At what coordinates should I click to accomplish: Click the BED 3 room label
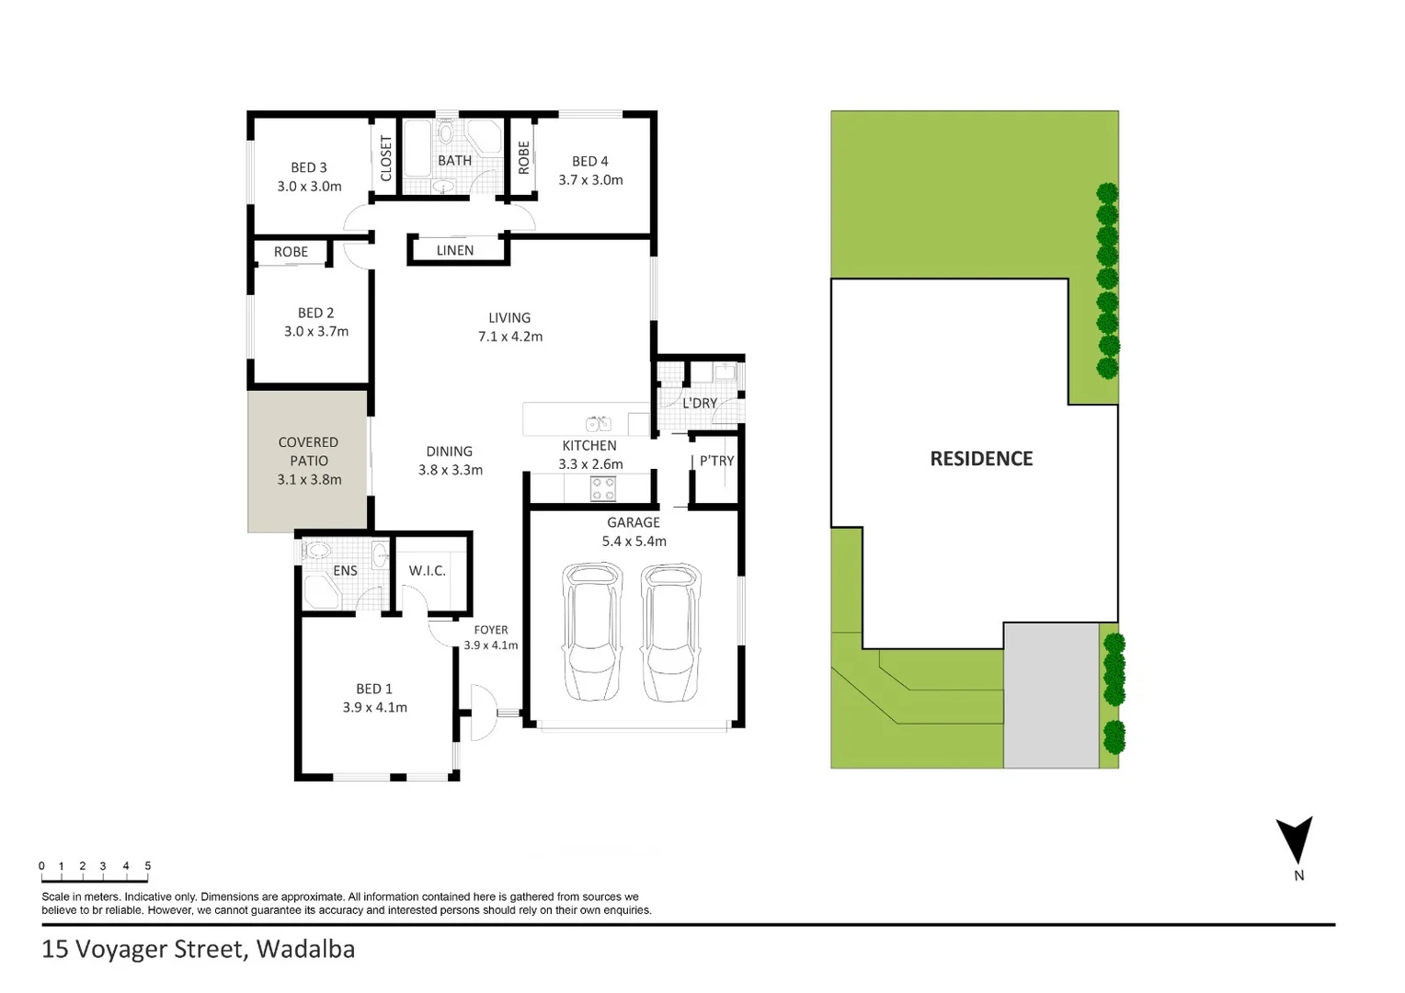(309, 167)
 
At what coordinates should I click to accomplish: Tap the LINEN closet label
(455, 250)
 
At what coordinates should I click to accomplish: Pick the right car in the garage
(670, 633)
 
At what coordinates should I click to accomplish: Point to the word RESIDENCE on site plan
(981, 459)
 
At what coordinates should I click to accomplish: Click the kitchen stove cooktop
(603, 488)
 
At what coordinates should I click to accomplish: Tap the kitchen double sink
(599, 424)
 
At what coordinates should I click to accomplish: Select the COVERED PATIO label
(309, 451)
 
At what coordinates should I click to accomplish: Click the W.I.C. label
(428, 571)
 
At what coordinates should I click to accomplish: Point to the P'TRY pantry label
(716, 461)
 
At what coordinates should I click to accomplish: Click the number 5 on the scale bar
(147, 866)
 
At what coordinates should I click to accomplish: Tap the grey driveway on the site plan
(1050, 696)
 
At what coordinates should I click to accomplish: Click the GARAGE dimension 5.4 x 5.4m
(634, 542)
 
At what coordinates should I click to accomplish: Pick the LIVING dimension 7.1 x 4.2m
(510, 337)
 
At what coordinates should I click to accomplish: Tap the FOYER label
(491, 630)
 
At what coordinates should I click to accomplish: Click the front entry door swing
(481, 713)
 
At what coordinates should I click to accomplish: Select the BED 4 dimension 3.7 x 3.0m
(590, 180)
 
